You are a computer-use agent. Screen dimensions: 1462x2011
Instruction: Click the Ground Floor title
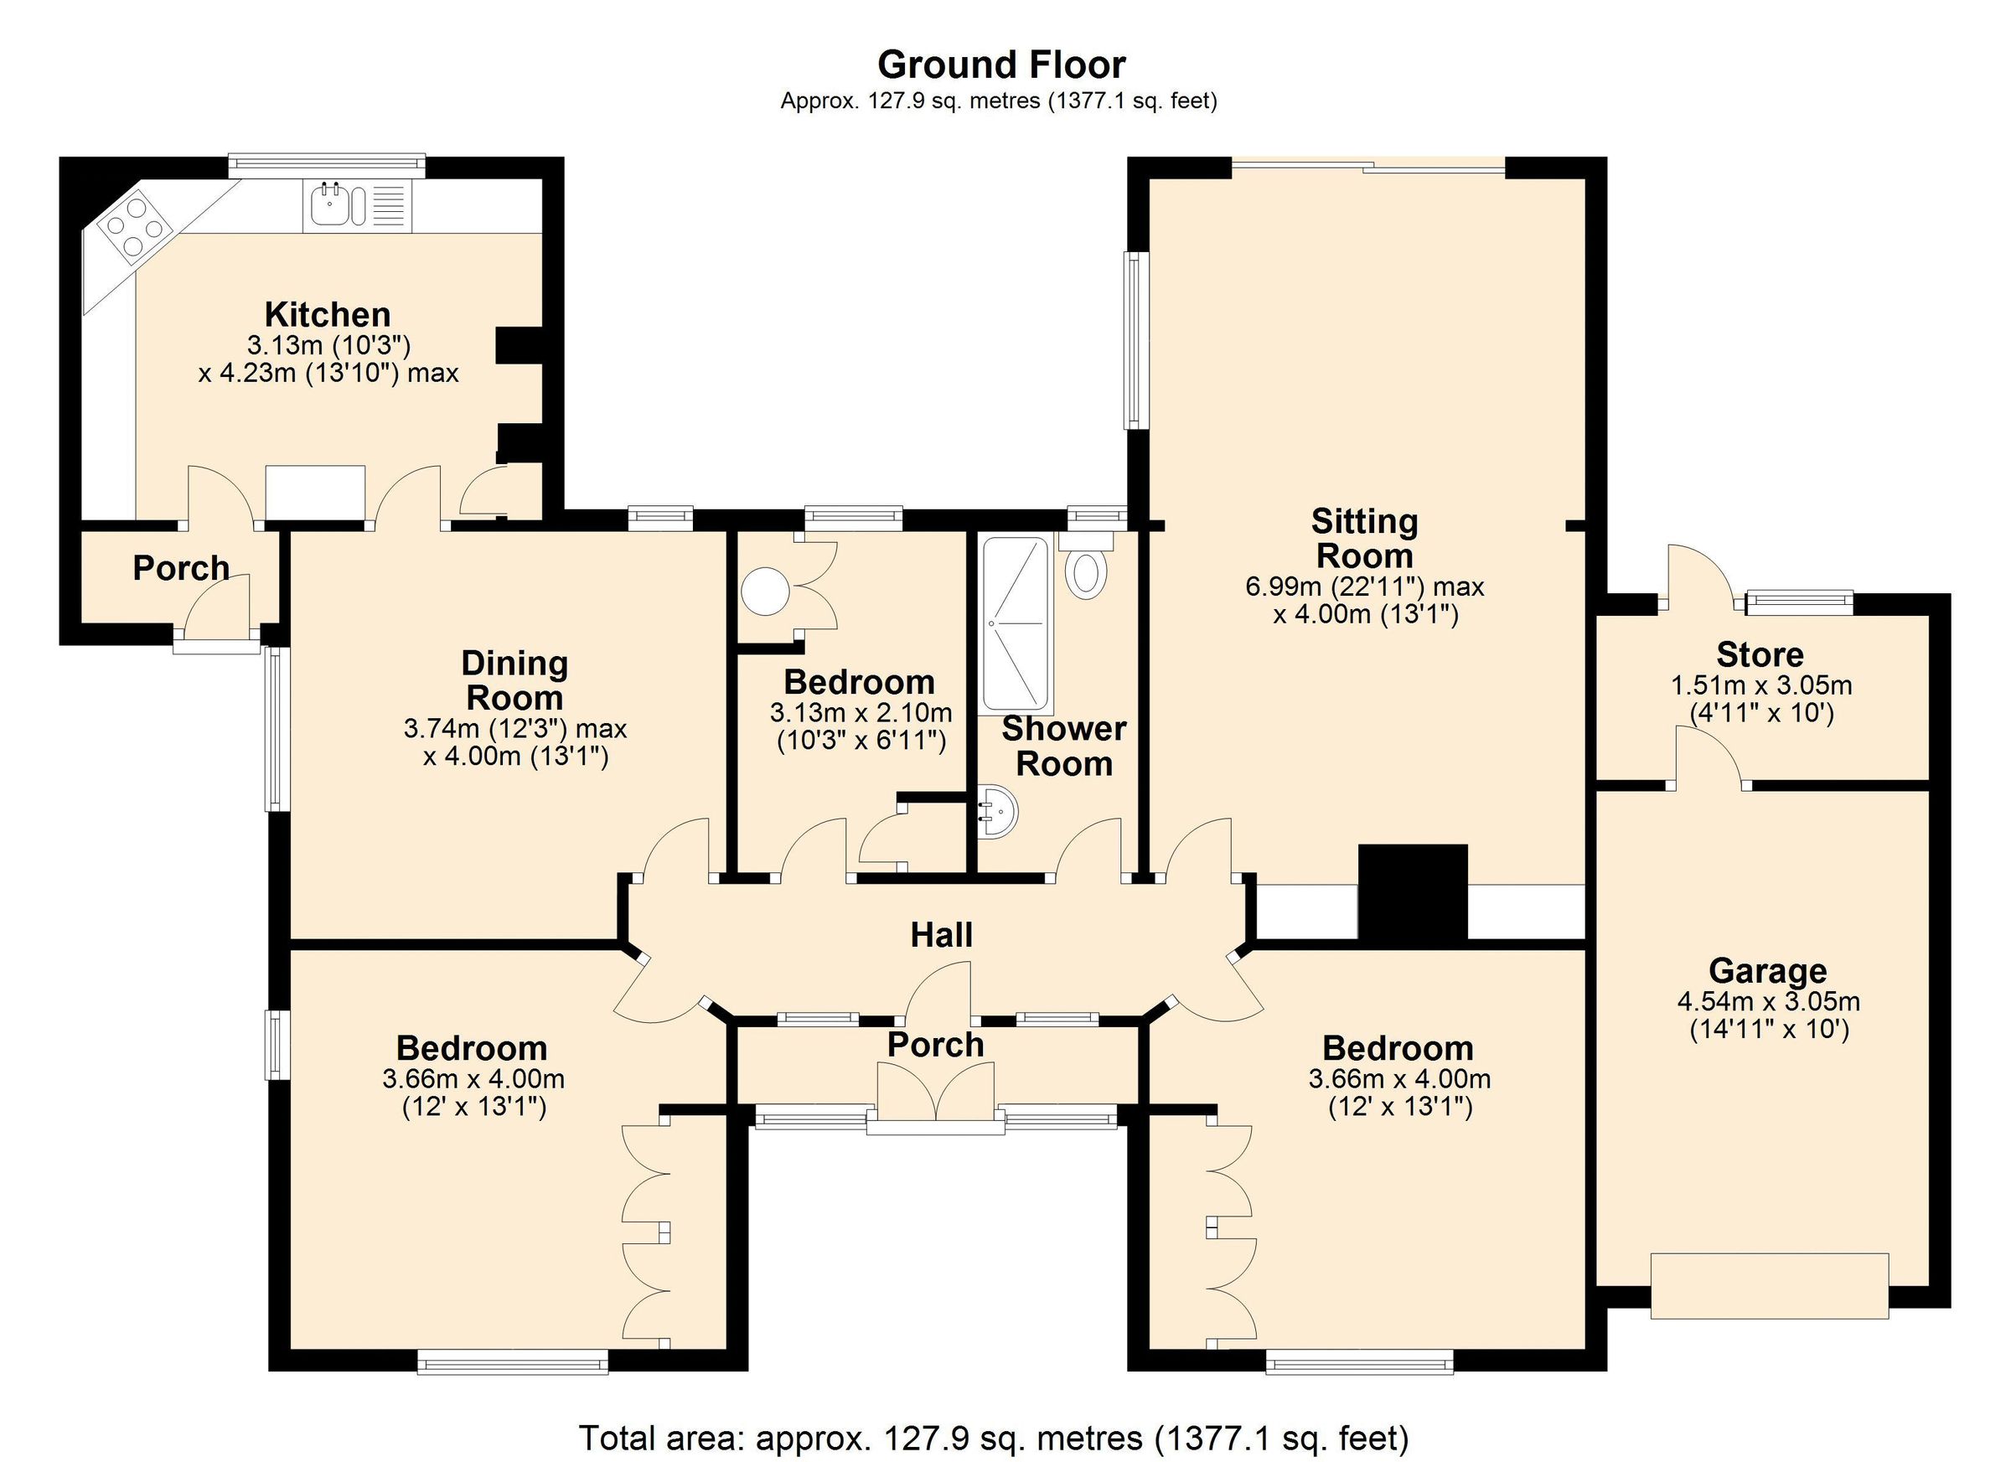click(x=1001, y=65)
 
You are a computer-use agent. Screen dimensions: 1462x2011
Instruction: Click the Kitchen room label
click(x=327, y=315)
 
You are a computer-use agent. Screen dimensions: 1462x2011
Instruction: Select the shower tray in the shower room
click(x=1016, y=624)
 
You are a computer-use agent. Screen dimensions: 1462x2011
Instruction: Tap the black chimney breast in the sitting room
click(x=1413, y=891)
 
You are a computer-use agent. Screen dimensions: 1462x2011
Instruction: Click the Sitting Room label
click(x=1365, y=538)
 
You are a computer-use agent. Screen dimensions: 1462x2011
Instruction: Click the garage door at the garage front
click(x=1770, y=1285)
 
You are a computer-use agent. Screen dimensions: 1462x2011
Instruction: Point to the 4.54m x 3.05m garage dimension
click(x=1769, y=1002)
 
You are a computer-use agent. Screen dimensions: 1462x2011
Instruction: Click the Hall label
click(x=942, y=934)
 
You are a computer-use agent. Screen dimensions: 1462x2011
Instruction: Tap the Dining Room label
click(x=514, y=680)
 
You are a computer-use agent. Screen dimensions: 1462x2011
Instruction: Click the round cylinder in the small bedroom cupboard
click(x=765, y=592)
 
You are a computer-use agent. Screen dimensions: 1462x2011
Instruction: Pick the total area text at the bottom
click(x=993, y=1437)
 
